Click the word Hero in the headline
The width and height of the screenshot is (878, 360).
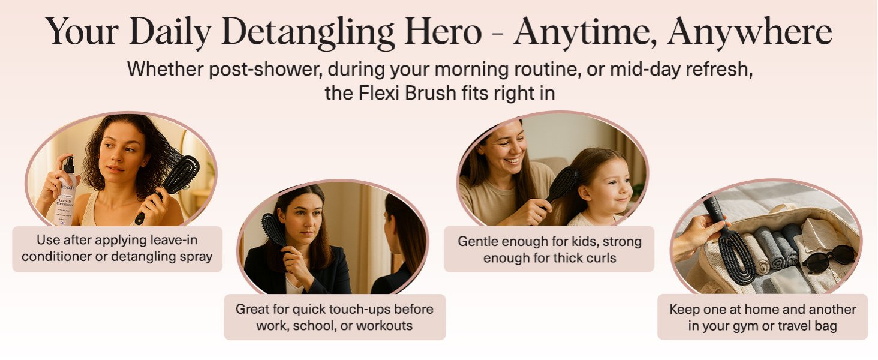(443, 31)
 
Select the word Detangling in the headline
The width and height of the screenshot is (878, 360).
(308, 34)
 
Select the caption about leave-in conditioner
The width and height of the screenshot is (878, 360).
(117, 248)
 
